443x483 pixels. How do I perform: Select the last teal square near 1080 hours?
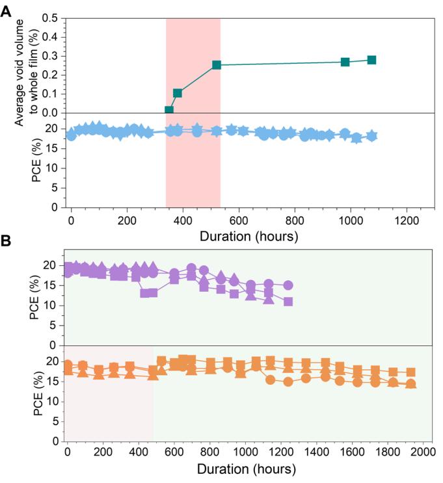(371, 60)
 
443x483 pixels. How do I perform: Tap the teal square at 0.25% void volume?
(217, 65)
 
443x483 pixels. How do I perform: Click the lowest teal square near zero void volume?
(169, 111)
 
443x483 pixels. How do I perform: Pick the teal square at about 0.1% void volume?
(178, 93)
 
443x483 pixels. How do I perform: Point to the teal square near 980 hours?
(345, 62)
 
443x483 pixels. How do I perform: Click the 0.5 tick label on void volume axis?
(51, 18)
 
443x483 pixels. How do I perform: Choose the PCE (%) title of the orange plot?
(34, 391)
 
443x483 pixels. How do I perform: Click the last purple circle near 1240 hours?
(288, 285)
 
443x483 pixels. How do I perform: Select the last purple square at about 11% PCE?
(288, 302)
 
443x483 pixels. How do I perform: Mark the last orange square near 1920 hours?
(410, 372)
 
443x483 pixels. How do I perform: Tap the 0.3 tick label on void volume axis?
(51, 56)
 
